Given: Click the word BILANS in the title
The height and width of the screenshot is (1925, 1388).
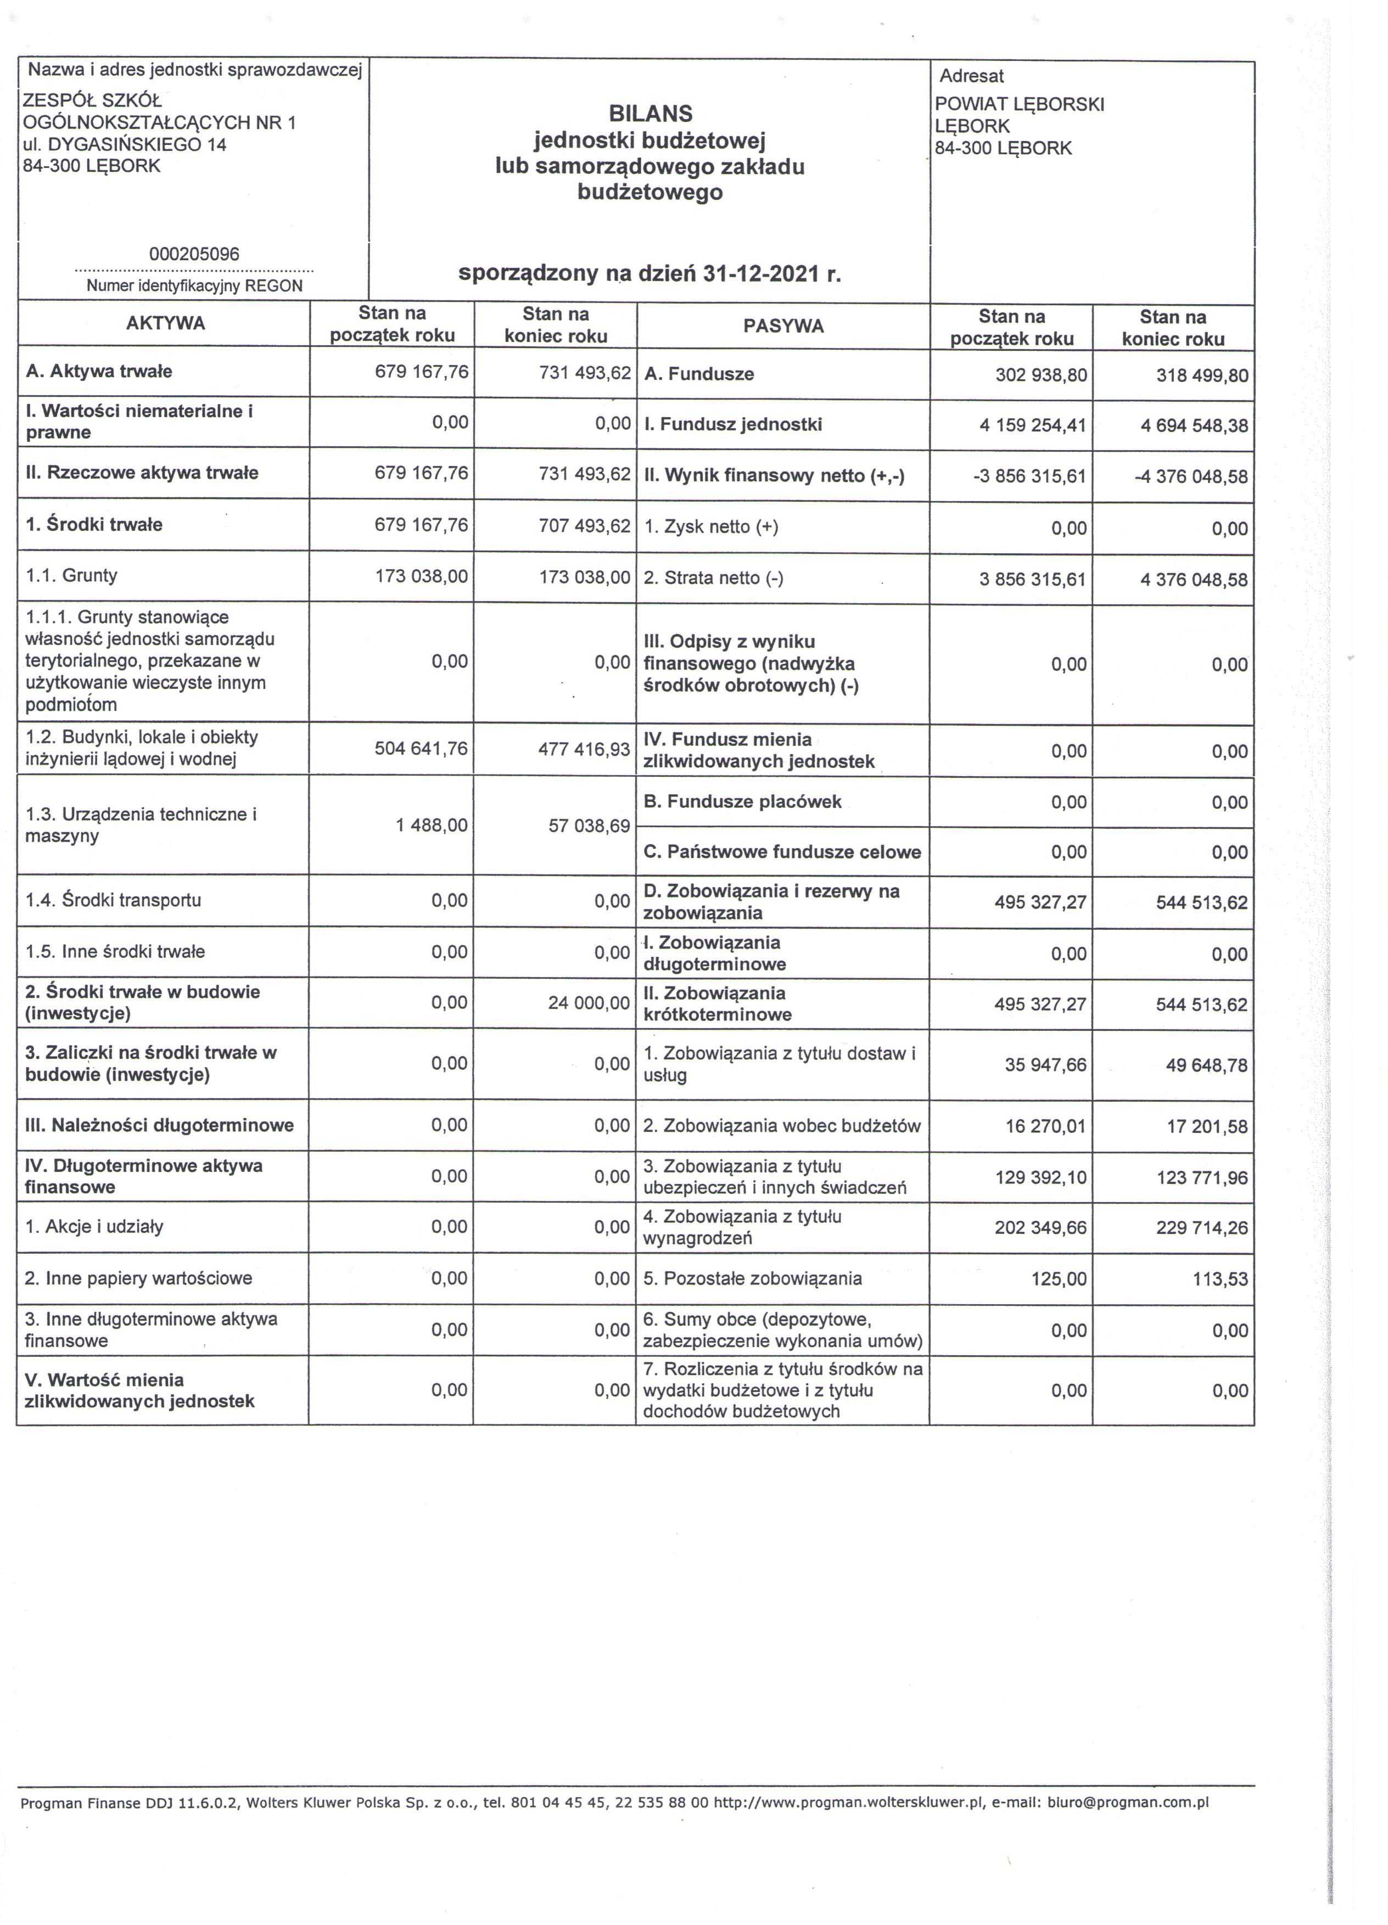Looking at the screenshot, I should (x=650, y=113).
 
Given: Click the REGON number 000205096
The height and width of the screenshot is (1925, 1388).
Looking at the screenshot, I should (x=194, y=254).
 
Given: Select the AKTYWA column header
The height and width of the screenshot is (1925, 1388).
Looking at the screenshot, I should (x=166, y=323).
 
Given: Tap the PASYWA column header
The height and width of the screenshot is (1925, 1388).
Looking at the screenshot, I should (x=783, y=326).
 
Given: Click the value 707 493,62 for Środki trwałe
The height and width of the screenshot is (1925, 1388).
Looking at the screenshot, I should (x=584, y=525).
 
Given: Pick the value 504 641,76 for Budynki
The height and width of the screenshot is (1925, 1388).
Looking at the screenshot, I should (x=421, y=749).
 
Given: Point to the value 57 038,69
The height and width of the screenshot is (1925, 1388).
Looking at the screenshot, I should (x=589, y=825).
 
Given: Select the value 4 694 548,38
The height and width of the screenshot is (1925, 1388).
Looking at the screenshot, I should (x=1194, y=425).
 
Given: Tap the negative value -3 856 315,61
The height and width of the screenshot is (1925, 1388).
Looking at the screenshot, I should (x=1029, y=476).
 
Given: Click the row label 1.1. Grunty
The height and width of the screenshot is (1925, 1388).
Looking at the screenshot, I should (x=71, y=575).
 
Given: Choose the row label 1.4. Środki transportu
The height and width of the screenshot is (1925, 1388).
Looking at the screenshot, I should (x=113, y=900).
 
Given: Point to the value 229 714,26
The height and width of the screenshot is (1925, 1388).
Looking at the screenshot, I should (x=1201, y=1228).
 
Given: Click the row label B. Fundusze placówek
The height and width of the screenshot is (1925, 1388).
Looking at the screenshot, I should (x=742, y=801).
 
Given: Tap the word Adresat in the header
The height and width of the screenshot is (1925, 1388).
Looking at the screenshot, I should (x=971, y=76).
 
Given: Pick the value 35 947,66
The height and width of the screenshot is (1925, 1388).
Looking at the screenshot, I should (x=1045, y=1064).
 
